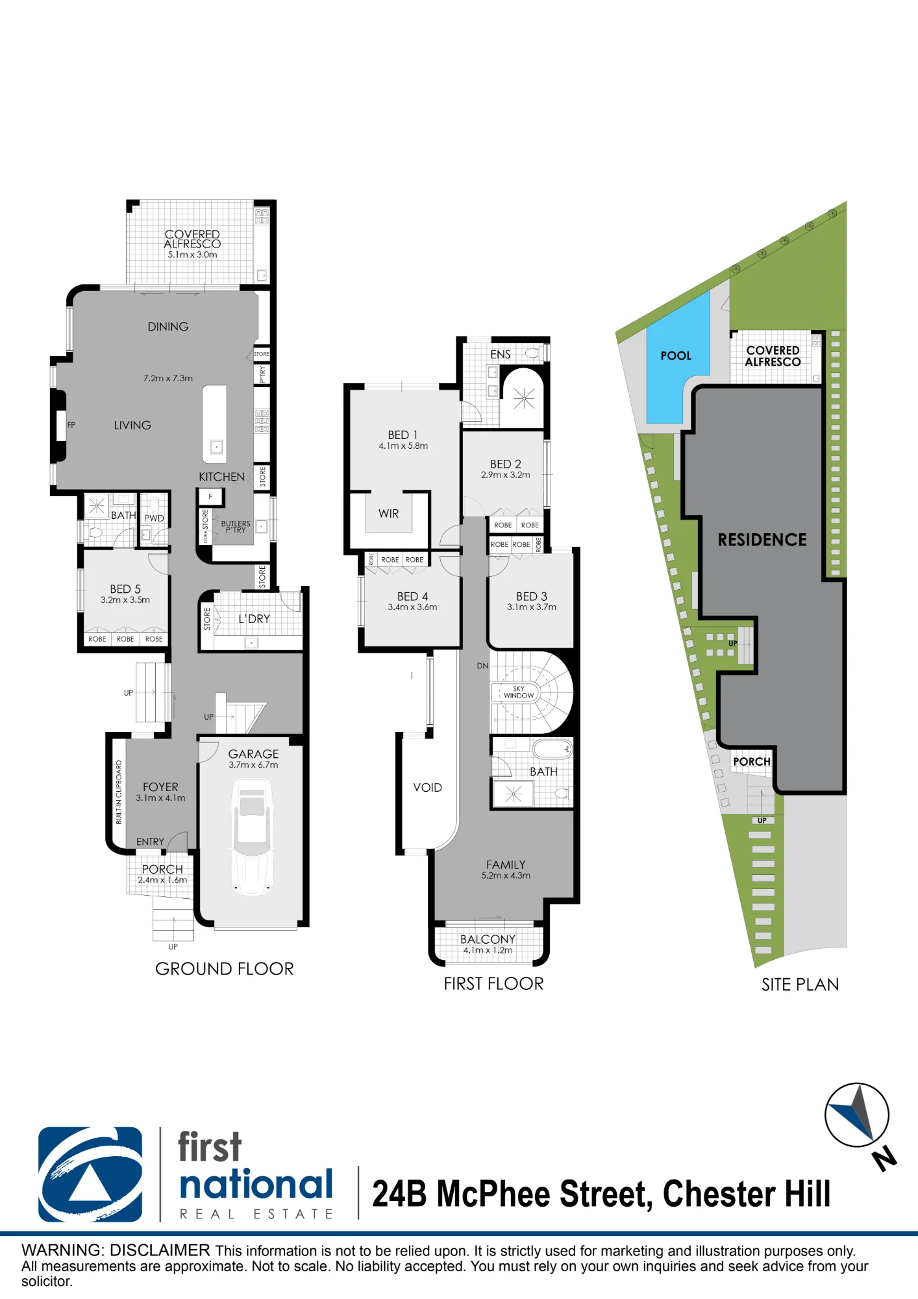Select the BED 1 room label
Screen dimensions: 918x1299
point(403,435)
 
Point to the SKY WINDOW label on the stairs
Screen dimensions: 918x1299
point(519,692)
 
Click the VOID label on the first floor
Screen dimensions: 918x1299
point(427,787)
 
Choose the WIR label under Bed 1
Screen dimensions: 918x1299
point(389,513)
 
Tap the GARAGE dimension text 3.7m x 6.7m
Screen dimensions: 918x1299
point(253,764)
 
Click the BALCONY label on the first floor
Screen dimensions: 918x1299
point(488,939)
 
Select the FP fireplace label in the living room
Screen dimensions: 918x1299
point(71,425)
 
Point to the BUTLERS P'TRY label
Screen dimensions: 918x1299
point(235,527)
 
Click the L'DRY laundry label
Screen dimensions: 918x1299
point(254,618)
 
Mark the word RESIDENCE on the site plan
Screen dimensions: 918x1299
point(762,539)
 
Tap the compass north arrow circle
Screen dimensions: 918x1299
point(857,1115)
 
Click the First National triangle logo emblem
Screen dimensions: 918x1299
point(90,1174)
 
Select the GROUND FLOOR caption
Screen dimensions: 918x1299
point(225,968)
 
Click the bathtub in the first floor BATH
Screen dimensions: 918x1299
point(552,749)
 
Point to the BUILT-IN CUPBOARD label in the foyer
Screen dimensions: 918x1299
point(119,792)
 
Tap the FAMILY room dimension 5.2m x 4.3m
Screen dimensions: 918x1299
point(506,876)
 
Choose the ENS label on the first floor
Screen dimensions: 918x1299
point(500,354)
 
